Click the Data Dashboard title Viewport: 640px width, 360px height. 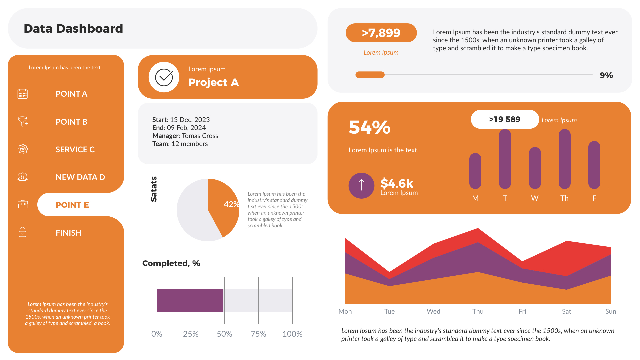[73, 29]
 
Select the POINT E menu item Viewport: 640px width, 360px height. [72, 205]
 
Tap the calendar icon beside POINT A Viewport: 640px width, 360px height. [23, 94]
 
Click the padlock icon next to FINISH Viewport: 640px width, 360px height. [22, 232]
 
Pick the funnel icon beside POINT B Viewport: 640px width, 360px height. [23, 121]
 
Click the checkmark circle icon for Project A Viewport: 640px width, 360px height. [164, 77]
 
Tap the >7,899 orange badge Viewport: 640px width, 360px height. [381, 33]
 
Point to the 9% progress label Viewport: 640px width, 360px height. [606, 75]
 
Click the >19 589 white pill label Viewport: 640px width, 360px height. [505, 119]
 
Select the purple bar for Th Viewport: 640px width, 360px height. [564, 159]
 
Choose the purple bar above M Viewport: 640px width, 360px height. [475, 171]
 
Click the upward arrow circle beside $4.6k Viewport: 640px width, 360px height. [361, 185]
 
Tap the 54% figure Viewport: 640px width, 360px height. [369, 127]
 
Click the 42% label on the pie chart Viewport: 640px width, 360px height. [231, 204]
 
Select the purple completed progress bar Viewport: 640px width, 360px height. [190, 300]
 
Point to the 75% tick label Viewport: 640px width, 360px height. [258, 334]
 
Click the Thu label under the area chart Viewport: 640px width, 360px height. [478, 311]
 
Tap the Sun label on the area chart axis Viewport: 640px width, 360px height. [610, 311]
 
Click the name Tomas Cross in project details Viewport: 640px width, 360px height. [200, 136]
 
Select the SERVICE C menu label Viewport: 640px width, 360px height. [75, 149]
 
